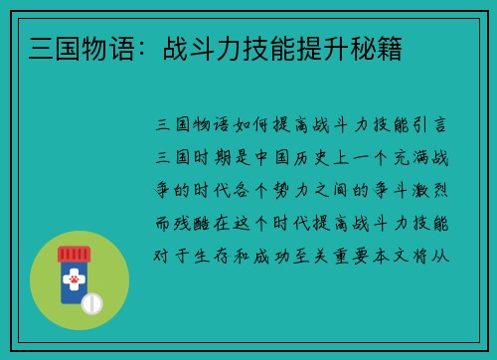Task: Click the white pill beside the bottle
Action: (91, 302)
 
